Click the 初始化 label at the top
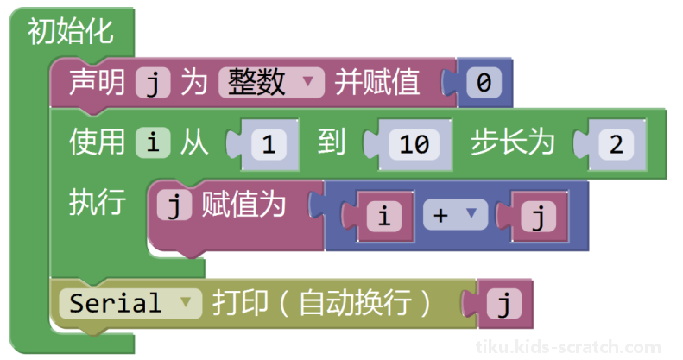coord(71,31)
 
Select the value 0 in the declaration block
coord(484,82)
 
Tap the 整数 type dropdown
coord(271,82)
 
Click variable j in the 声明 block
coord(153,82)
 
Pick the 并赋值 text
coord(376,82)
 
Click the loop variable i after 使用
coord(153,142)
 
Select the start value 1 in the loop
coord(269,144)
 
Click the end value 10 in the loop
coord(414,144)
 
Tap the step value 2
coord(617,144)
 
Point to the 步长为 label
coord(512,142)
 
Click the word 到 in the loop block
coord(331,142)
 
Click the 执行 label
coord(97,202)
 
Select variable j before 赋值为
coord(174,204)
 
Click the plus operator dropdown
coord(455,215)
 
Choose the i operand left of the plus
coord(384,216)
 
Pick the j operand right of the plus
coord(539,216)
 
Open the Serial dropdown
coord(130,303)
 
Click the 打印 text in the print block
coord(239,302)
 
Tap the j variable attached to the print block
coord(504,303)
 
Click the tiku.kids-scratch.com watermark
coord(568,347)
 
